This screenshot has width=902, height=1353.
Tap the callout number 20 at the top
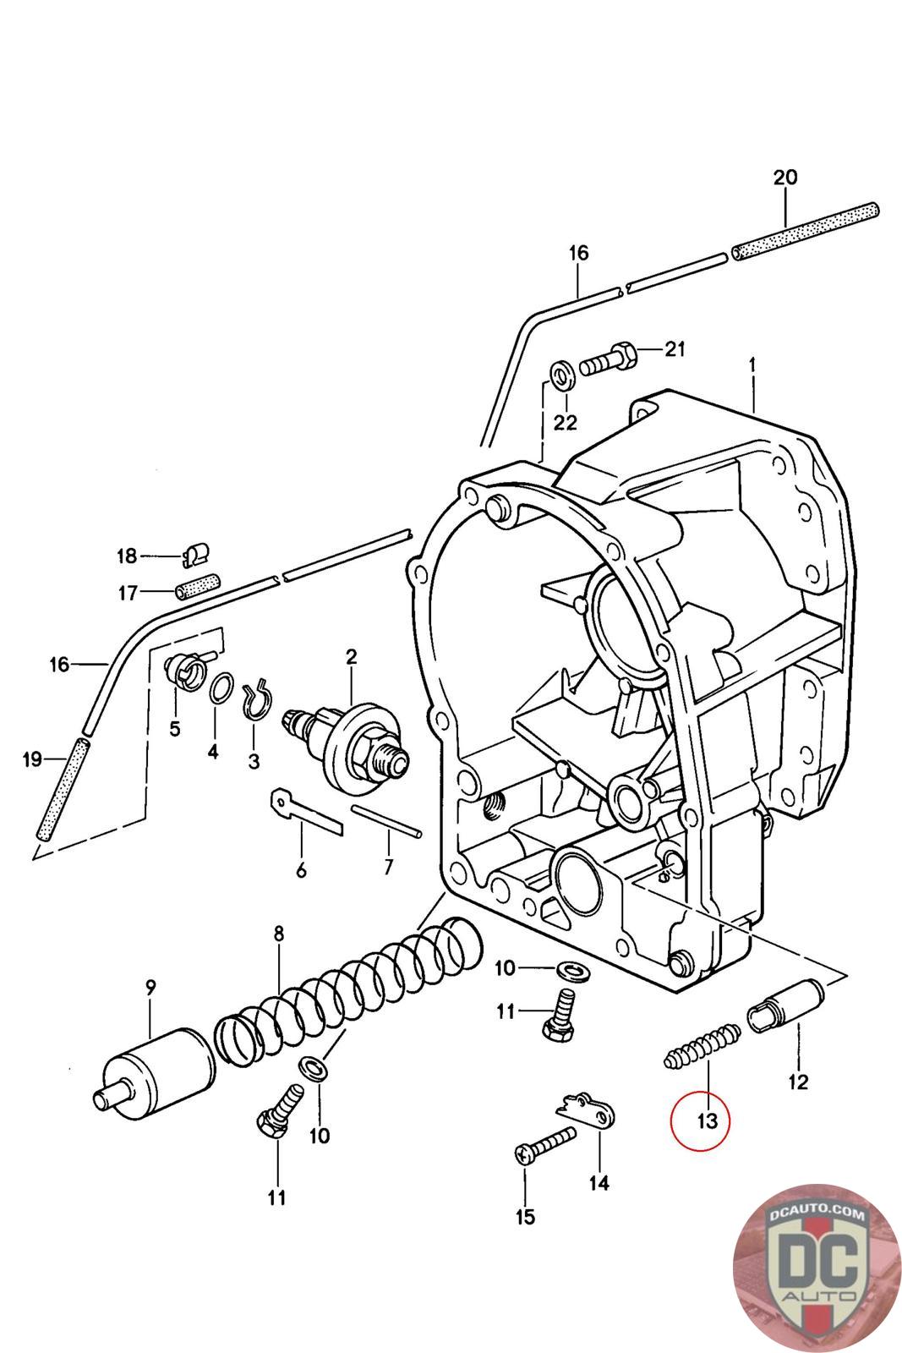pos(784,178)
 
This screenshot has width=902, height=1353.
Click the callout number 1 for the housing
pos(752,365)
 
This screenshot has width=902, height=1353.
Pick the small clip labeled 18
pos(196,554)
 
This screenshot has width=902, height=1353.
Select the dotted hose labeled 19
pos(64,787)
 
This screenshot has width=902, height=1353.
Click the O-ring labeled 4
pos(221,688)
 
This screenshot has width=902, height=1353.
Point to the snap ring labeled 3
pos(255,698)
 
